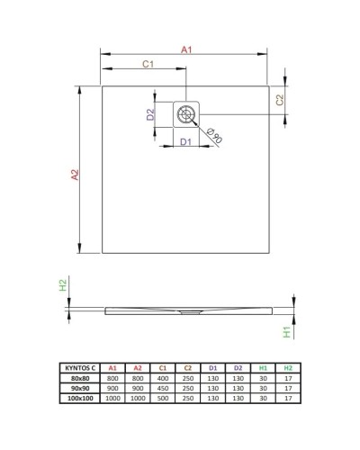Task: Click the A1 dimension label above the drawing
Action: pos(186,49)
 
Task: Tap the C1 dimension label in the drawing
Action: pos(147,63)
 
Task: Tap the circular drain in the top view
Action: pos(186,113)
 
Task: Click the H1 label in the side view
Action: pos(286,331)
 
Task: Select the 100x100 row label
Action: pos(80,398)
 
